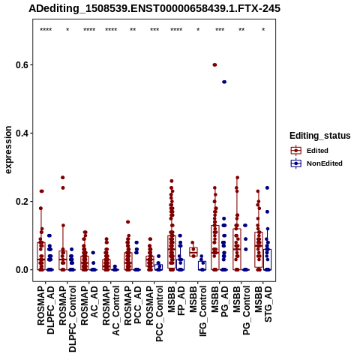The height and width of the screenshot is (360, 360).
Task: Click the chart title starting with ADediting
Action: pyautogui.click(x=154, y=9)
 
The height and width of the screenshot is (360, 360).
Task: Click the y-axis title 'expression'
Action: pyautogui.click(x=8, y=150)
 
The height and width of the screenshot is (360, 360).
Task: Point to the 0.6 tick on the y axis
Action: pyautogui.click(x=21, y=65)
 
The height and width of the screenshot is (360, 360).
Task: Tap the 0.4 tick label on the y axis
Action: pyautogui.click(x=21, y=133)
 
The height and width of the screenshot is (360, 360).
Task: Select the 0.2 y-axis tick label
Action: pyautogui.click(x=21, y=202)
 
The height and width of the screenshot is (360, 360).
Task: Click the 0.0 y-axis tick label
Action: pyautogui.click(x=21, y=270)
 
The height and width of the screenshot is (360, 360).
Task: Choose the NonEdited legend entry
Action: pyautogui.click(x=316, y=163)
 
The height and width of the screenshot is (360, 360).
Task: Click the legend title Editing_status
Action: pyautogui.click(x=320, y=136)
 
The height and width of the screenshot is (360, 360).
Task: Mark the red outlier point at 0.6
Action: pyautogui.click(x=214, y=65)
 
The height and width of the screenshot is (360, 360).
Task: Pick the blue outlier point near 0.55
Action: pyautogui.click(x=224, y=82)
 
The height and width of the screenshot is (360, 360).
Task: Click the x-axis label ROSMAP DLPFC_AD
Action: pyautogui.click(x=46, y=310)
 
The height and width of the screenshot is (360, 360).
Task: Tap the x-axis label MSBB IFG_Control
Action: pyautogui.click(x=198, y=311)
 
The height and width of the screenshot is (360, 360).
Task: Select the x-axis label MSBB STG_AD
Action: pyautogui.click(x=263, y=304)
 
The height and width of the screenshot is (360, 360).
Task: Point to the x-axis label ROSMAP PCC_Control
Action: pyautogui.click(x=154, y=314)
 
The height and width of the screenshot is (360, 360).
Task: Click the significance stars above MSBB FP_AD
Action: pyautogui.click(x=176, y=30)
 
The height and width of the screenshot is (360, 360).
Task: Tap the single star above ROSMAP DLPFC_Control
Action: pyautogui.click(x=67, y=30)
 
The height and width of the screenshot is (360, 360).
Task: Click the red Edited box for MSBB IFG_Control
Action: pyautogui.click(x=193, y=252)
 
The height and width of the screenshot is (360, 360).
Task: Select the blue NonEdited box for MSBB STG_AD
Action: pyautogui.click(x=267, y=259)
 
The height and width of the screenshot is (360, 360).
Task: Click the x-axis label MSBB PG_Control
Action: pyautogui.click(x=241, y=310)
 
